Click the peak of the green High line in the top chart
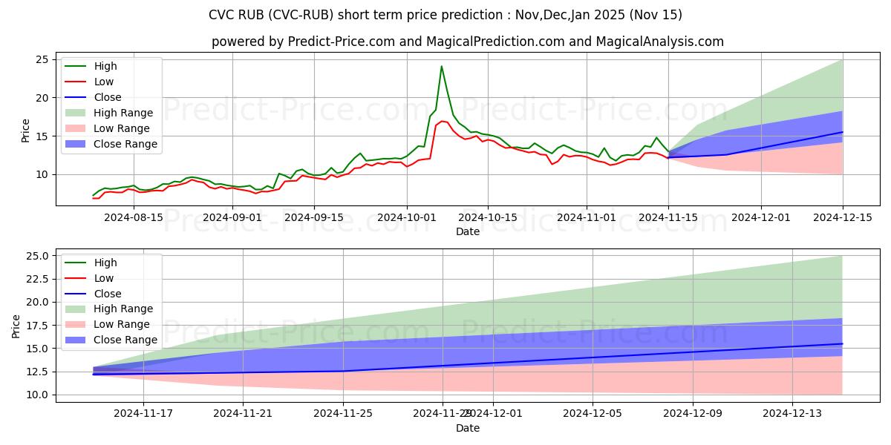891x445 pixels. coord(442,67)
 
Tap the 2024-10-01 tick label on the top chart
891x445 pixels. coord(407,217)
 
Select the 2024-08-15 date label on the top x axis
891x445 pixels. coord(134,217)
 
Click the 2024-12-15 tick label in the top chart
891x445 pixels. coord(842,217)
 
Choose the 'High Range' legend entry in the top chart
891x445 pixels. coord(123,113)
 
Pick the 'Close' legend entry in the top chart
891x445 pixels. coord(108,97)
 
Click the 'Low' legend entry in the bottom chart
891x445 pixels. coord(105,278)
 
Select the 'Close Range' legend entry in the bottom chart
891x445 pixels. coord(125,340)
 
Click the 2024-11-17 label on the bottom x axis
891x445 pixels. coord(143,414)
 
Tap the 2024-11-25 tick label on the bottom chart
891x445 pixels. coord(343,414)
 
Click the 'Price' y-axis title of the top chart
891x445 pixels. coord(26,131)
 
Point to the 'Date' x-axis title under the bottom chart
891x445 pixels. coord(468,428)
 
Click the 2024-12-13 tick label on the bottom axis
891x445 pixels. coord(793,414)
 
